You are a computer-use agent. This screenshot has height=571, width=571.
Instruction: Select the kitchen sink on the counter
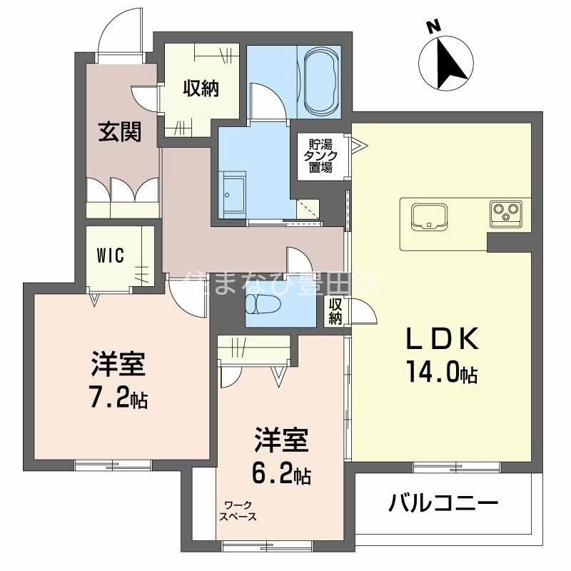[428, 215]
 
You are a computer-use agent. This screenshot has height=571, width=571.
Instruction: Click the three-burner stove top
[507, 212]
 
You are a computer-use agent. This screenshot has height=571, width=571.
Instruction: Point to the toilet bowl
[258, 305]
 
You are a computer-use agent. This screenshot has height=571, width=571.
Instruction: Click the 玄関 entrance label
[118, 132]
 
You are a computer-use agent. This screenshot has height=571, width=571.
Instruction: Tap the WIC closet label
[111, 254]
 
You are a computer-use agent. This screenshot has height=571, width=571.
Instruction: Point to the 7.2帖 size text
[118, 398]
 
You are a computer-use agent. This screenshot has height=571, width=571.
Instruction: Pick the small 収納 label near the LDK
[335, 310]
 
